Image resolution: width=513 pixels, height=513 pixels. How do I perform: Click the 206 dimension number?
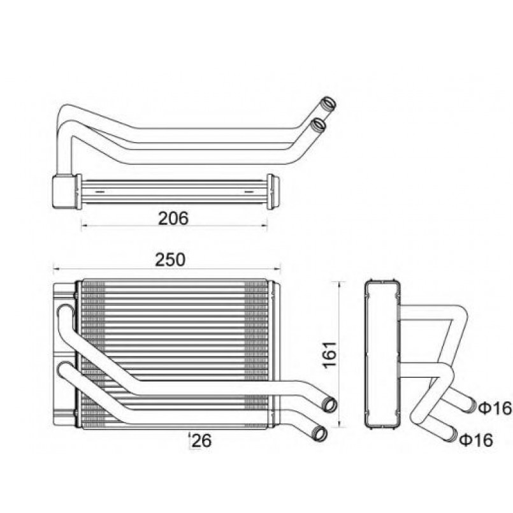click(173, 219)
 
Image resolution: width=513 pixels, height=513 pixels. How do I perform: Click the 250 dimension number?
click(170, 260)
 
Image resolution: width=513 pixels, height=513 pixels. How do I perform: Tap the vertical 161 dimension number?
click(330, 355)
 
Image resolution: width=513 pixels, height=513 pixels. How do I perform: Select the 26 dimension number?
click(201, 440)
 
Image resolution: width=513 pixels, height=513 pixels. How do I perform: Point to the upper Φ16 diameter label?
click(495, 408)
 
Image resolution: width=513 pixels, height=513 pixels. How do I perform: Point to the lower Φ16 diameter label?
click(476, 440)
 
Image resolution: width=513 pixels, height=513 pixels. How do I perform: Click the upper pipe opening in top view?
click(328, 105)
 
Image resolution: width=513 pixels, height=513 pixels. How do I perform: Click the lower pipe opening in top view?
click(318, 126)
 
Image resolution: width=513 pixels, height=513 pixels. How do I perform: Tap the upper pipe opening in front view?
click(329, 405)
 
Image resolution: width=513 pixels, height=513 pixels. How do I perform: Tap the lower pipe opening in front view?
click(320, 434)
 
